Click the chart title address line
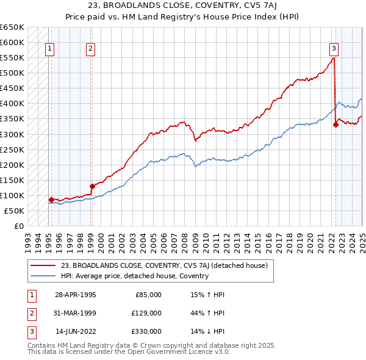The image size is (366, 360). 182,7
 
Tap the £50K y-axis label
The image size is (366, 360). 14,211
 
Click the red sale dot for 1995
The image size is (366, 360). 51,200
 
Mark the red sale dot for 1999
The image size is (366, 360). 92,186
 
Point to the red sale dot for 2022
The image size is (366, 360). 335,124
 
